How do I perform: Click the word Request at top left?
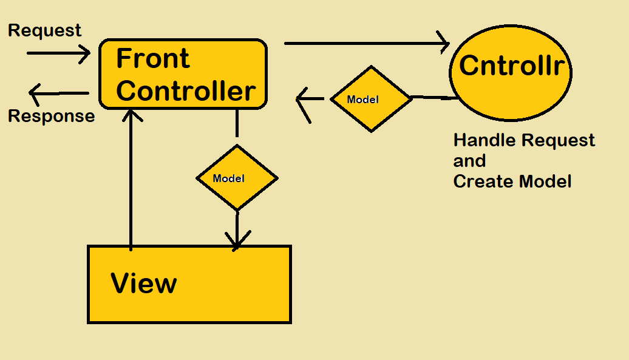click(45, 30)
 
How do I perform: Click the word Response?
click(52, 116)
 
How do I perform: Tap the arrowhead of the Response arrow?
click(35, 94)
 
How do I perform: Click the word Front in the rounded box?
click(152, 59)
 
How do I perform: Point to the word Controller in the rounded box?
click(186, 90)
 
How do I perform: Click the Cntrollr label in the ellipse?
click(515, 66)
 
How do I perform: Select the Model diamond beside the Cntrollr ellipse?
click(371, 99)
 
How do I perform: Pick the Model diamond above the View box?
click(237, 178)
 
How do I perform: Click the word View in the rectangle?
click(144, 284)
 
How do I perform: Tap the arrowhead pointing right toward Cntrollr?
click(443, 43)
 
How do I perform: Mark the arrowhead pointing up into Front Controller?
click(131, 115)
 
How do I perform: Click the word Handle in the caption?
click(481, 140)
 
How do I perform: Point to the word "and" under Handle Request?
click(469, 161)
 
